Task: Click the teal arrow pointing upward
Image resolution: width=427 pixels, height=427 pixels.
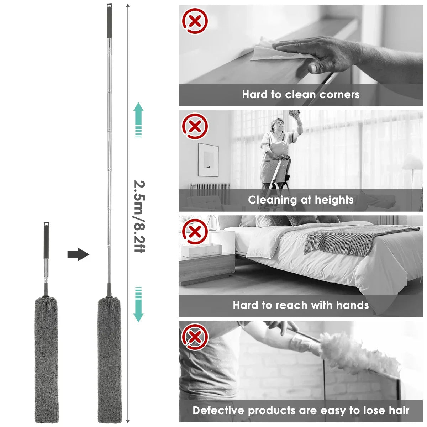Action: coord(138,120)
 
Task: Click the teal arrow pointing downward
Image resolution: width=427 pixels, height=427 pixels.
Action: coord(138,305)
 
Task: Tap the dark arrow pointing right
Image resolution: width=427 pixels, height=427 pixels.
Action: coord(78,254)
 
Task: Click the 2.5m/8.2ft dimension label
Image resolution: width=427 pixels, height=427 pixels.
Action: coord(139,216)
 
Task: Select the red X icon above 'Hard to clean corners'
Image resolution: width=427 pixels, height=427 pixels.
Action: coord(195,21)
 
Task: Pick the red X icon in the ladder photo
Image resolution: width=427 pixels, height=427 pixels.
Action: coord(195,126)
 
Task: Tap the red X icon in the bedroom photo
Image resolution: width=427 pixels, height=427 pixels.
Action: coord(195,232)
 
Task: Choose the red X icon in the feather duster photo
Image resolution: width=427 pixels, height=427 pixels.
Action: coord(195,337)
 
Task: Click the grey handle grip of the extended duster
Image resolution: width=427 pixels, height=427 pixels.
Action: coord(109,21)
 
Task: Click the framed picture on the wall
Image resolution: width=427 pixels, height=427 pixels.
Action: coord(208,160)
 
